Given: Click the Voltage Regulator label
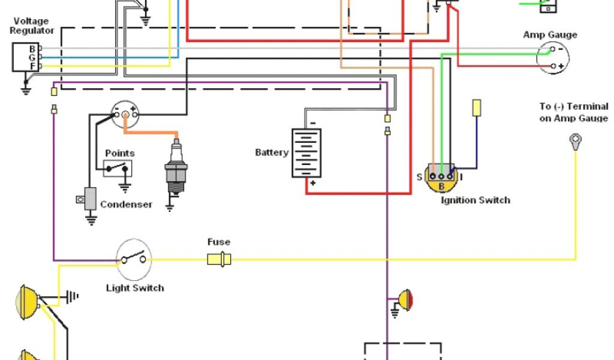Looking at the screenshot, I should pyautogui.click(x=33, y=25).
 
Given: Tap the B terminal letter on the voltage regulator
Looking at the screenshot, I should pyautogui.click(x=32, y=48).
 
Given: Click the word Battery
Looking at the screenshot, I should pyautogui.click(x=272, y=153).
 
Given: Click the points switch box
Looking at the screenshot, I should pyautogui.click(x=118, y=168).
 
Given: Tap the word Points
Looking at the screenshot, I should pyautogui.click(x=120, y=154).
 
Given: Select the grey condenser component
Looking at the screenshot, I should pyautogui.click(x=90, y=199).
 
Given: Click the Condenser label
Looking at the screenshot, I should pyautogui.click(x=126, y=205).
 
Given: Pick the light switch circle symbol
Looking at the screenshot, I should pyautogui.click(x=134, y=259).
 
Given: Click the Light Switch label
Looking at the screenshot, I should pyautogui.click(x=135, y=288).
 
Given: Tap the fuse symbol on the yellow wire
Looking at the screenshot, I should pyautogui.click(x=219, y=259).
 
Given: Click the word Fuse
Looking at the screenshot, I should pyautogui.click(x=219, y=242).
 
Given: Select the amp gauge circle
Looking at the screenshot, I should pyautogui.click(x=552, y=58).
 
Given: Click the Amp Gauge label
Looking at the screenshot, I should pyautogui.click(x=550, y=35).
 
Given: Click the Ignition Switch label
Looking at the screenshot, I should pyautogui.click(x=475, y=200).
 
